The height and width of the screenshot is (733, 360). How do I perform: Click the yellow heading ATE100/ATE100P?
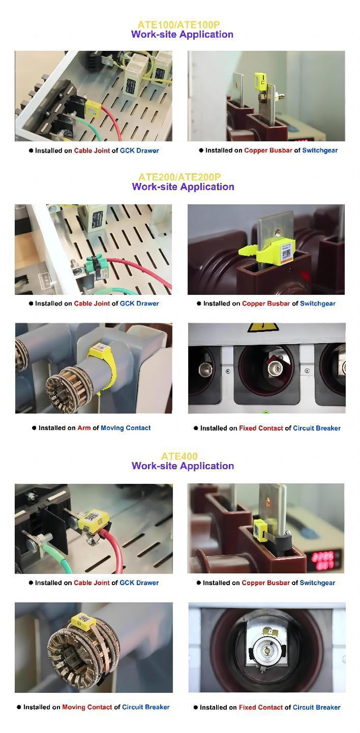click(x=179, y=25)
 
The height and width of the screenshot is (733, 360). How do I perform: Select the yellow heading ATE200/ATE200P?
click(x=180, y=177)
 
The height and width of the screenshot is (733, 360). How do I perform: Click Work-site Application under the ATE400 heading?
click(x=183, y=466)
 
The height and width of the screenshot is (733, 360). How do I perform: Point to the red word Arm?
click(x=84, y=428)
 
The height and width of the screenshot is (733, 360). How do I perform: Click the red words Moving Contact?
click(x=87, y=707)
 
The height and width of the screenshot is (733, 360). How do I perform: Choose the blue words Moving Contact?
click(x=126, y=428)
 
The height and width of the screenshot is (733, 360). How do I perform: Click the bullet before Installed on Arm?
click(x=34, y=428)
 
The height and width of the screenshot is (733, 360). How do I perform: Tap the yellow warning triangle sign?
click(x=257, y=328)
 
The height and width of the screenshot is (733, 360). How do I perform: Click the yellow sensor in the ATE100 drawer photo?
click(x=92, y=108)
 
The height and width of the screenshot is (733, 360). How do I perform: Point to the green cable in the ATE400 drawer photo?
click(x=49, y=561)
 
